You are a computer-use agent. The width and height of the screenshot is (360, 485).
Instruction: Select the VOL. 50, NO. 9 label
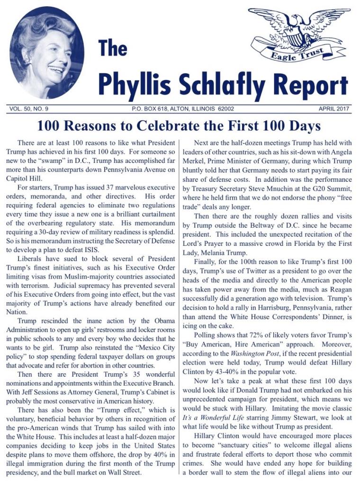pos(29,109)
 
